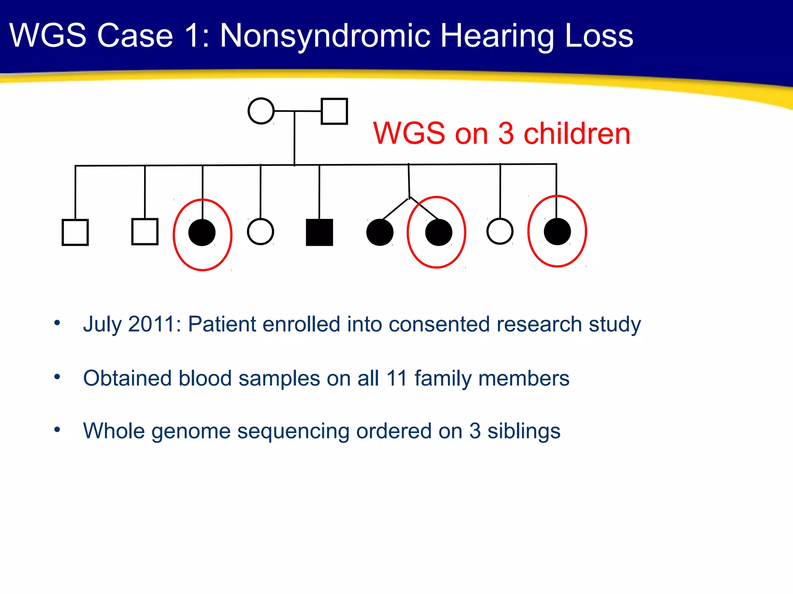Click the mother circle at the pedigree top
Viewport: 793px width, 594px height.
click(x=261, y=111)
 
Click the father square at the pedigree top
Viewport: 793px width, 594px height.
click(x=334, y=111)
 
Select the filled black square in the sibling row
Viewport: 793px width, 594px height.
click(x=319, y=232)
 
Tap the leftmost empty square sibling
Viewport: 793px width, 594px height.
click(x=75, y=232)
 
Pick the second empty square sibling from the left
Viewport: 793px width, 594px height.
click(x=145, y=232)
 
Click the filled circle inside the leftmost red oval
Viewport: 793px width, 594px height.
click(x=202, y=232)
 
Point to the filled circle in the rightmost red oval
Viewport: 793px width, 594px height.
click(x=557, y=232)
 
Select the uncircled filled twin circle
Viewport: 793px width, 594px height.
click(x=380, y=232)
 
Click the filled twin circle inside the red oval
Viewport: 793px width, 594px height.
click(x=439, y=232)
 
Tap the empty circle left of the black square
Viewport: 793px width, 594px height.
click(x=261, y=232)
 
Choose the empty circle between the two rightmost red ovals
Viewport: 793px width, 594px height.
click(x=500, y=231)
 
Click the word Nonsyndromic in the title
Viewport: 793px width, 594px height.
click(x=325, y=36)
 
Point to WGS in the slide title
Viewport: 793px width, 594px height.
click(x=48, y=36)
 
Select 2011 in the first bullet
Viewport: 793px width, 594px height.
click(x=151, y=324)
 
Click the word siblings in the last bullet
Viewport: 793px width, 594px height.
click(x=524, y=431)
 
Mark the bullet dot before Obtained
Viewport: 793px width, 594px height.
click(x=57, y=377)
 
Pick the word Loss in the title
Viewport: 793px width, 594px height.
click(x=599, y=36)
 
